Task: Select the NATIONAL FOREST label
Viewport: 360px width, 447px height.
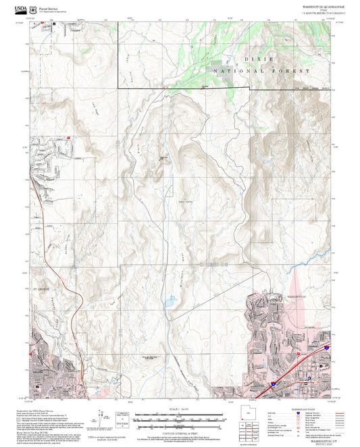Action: click(261, 70)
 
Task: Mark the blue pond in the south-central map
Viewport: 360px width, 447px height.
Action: click(168, 315)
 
